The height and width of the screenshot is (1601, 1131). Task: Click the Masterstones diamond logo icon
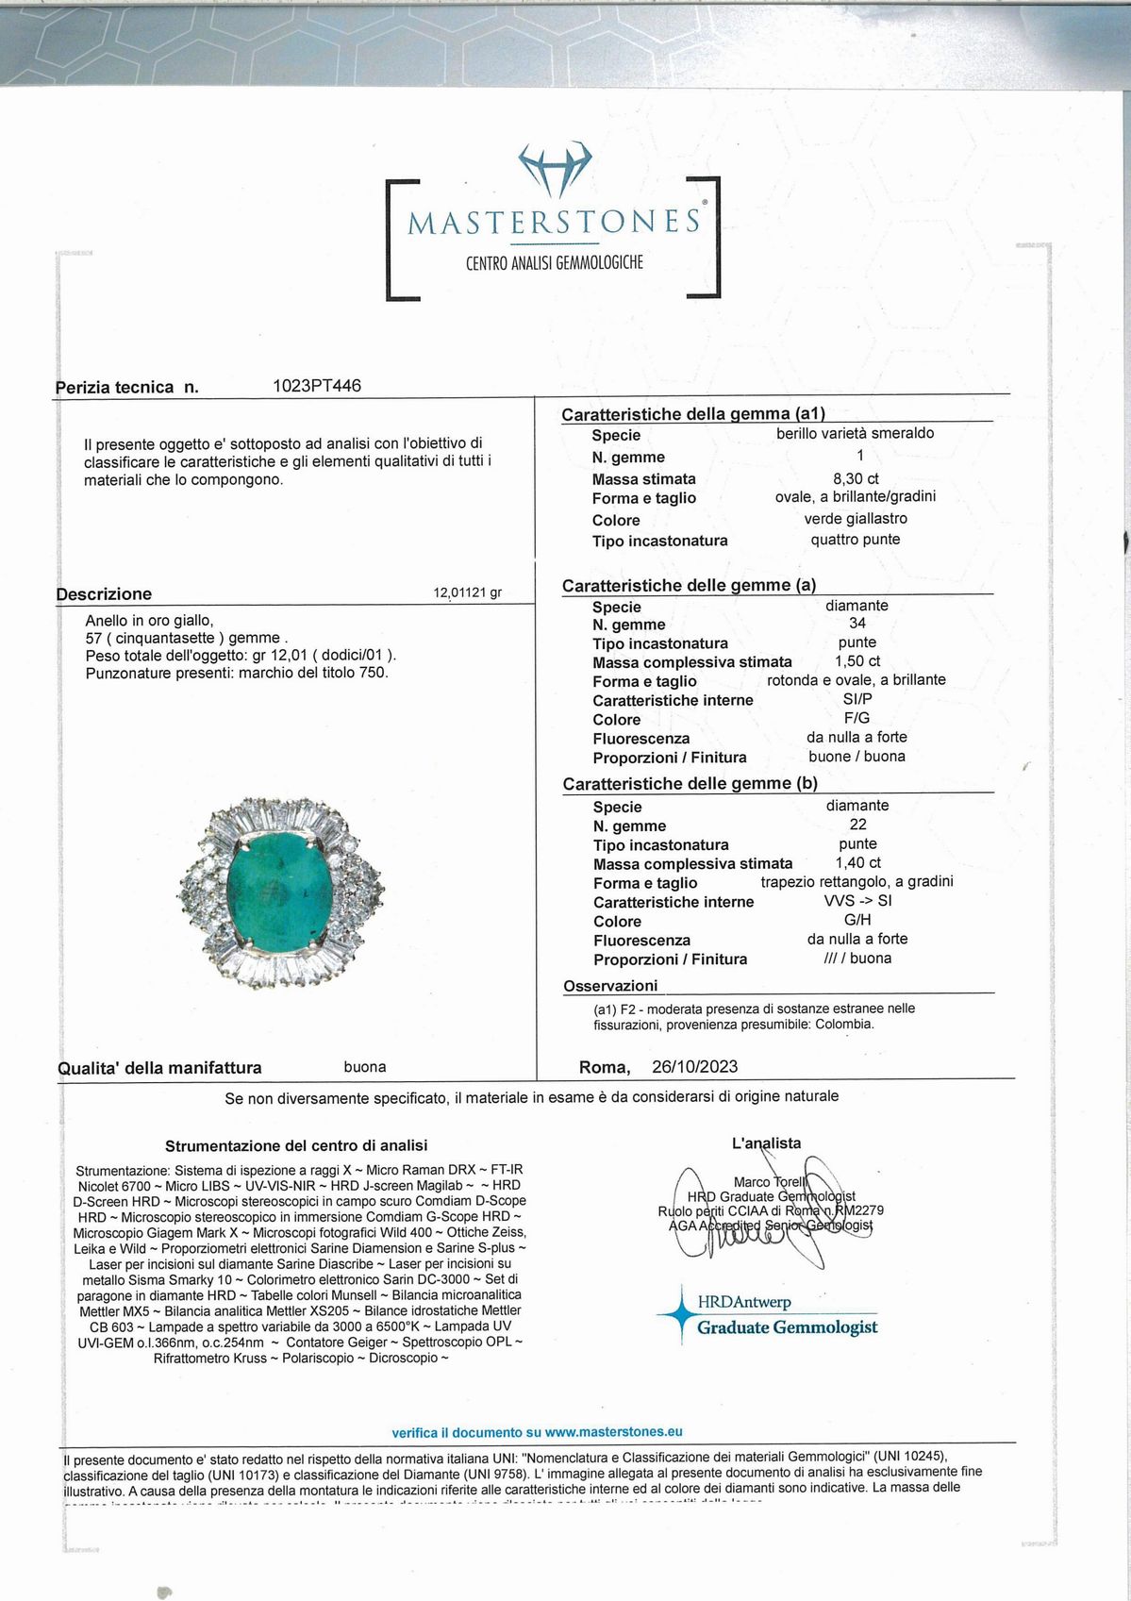coord(555,169)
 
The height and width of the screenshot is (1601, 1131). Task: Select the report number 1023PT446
coord(316,386)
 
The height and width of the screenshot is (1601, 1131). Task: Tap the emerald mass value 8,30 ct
coord(856,478)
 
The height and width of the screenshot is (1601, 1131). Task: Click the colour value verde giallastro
coord(856,519)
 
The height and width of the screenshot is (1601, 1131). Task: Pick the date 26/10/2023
coord(694,1067)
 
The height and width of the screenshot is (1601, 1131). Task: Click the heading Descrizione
coord(104,594)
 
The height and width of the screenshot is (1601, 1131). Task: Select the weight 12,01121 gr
coord(467,593)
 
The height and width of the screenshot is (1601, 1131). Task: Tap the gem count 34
coord(857,624)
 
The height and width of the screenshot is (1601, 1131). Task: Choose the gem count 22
coord(857,825)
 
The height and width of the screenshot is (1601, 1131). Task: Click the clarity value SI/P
coord(857,699)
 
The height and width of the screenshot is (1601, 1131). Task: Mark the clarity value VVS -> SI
coord(857,901)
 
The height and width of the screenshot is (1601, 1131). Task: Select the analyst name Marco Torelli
coord(770,1182)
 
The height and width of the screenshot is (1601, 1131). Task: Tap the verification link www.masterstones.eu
coord(613,1432)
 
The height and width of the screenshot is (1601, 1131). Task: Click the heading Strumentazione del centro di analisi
coord(296,1146)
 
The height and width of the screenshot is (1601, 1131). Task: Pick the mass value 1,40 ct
coord(857,863)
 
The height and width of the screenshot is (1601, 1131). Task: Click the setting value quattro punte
coord(856,540)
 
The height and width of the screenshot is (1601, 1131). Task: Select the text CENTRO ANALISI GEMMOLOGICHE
coord(555,263)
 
